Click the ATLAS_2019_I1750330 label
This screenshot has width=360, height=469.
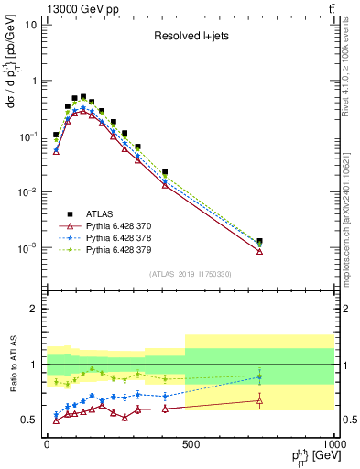click(190, 274)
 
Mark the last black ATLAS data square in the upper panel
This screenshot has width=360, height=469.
click(260, 242)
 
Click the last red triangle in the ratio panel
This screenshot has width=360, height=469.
click(260, 400)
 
